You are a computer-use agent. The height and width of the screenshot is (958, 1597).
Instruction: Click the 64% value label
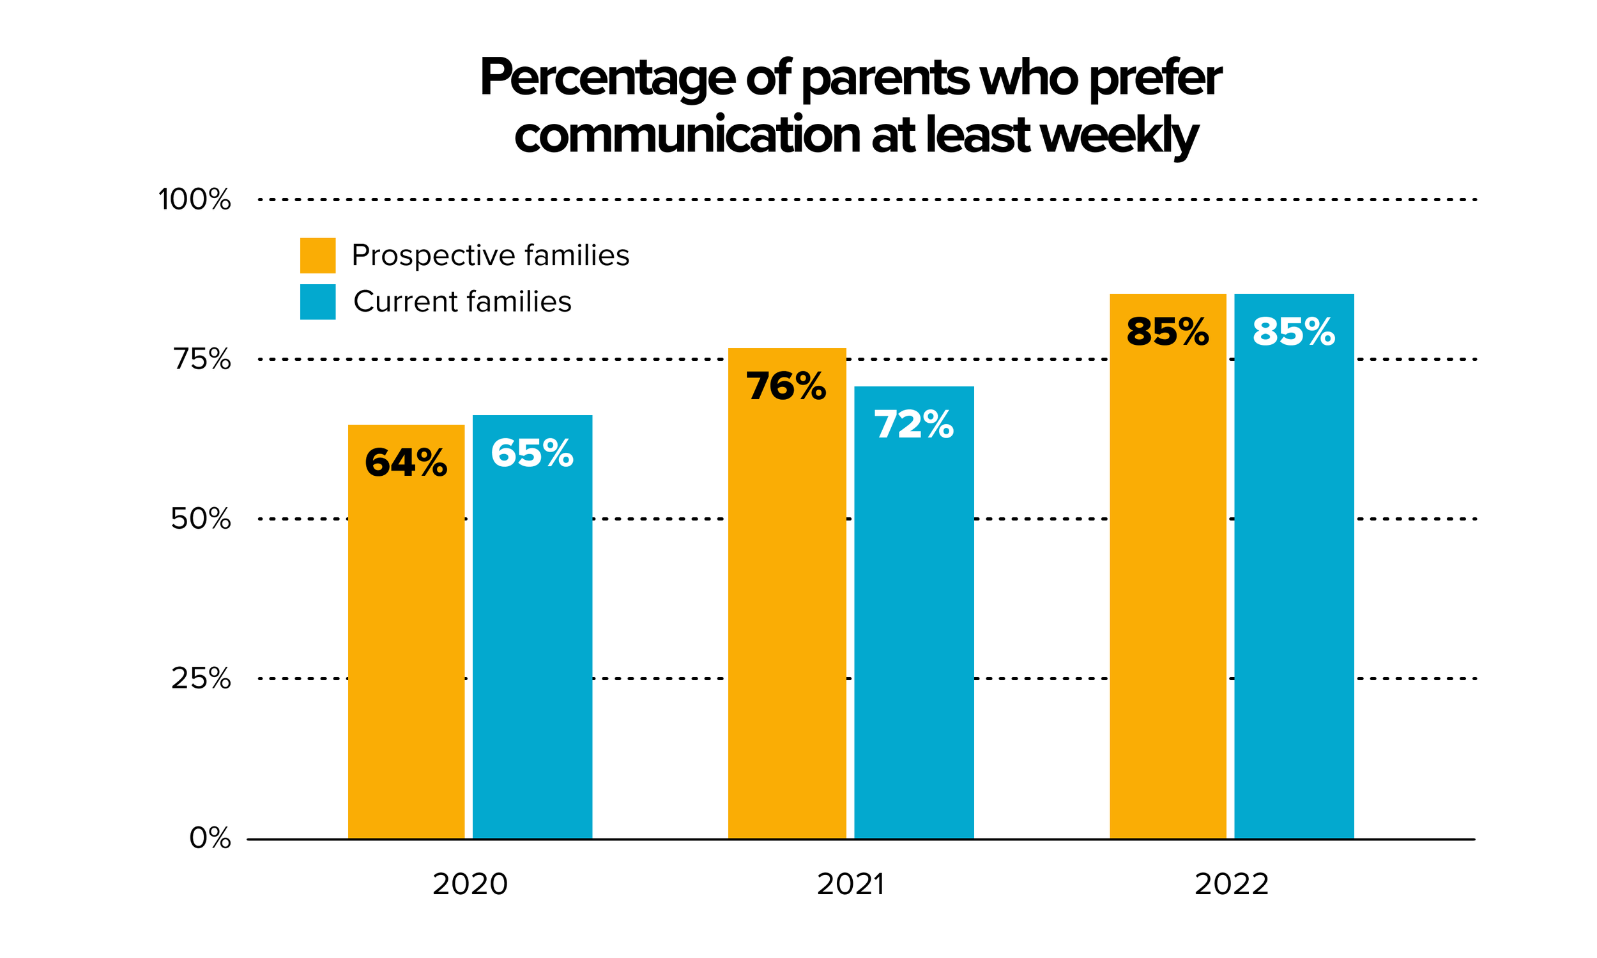[x=406, y=463]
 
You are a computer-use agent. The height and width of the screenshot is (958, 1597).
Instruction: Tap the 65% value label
[x=532, y=453]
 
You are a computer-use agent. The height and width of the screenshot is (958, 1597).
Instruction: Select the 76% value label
[x=786, y=386]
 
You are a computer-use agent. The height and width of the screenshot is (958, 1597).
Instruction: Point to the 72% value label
[x=913, y=424]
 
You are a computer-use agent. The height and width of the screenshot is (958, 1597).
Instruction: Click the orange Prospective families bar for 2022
[x=1168, y=566]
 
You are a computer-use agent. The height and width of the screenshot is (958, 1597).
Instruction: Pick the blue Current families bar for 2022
[x=1294, y=566]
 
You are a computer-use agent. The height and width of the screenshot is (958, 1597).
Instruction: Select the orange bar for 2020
[x=406, y=632]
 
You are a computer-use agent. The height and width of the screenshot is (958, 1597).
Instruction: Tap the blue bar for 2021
[x=914, y=612]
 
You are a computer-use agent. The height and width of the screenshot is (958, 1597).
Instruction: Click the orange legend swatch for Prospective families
[x=317, y=255]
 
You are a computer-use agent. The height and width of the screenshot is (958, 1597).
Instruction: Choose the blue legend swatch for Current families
[x=317, y=302]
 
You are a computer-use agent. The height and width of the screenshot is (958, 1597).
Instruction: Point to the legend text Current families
[x=462, y=301]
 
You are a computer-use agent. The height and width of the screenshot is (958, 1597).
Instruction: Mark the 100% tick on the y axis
[x=194, y=199]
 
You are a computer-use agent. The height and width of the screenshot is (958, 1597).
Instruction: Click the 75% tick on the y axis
[x=201, y=359]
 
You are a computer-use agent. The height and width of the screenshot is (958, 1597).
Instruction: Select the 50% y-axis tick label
[x=201, y=519]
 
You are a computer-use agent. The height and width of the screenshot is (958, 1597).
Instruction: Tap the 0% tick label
[x=210, y=838]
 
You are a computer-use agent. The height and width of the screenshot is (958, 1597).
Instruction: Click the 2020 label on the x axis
[x=470, y=885]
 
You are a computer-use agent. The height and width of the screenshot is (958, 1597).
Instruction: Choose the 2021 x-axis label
[x=851, y=885]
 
